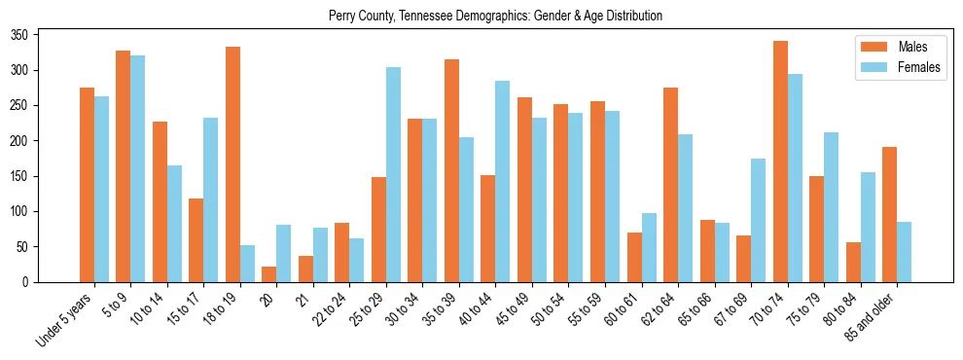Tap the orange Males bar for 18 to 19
click(x=232, y=164)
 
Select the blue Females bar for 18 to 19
click(x=247, y=264)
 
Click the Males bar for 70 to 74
click(x=780, y=162)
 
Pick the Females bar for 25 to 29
click(x=393, y=175)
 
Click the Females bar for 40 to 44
click(x=503, y=182)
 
